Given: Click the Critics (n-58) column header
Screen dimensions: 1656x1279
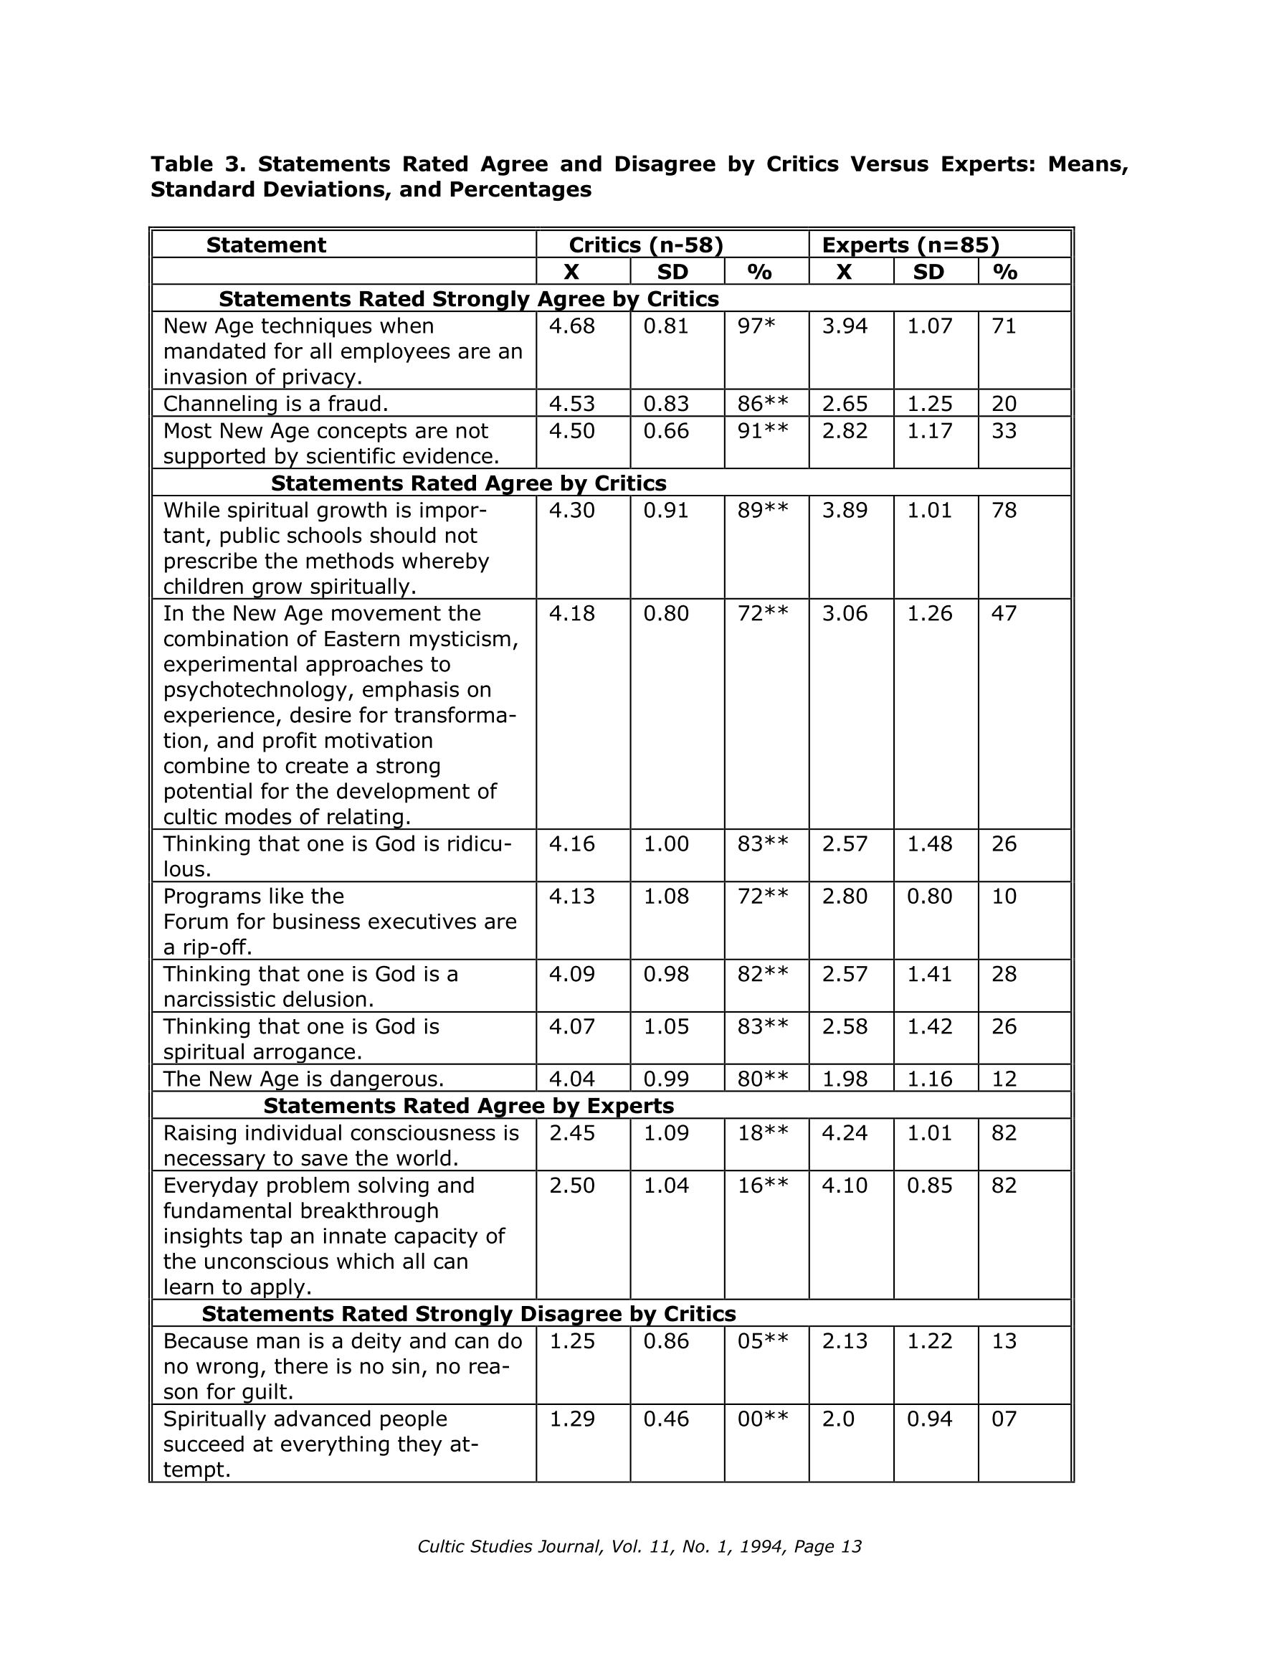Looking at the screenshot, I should (646, 245).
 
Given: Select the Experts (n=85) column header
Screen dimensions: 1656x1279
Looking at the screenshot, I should (910, 245).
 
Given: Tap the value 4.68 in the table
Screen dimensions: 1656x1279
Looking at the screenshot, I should (571, 326).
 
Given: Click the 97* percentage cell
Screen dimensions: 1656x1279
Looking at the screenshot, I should (756, 326).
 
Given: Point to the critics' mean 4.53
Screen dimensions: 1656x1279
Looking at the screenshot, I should (571, 403).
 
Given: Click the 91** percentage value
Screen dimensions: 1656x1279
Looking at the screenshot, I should (763, 431).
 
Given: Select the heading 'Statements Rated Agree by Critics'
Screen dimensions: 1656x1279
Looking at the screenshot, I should (469, 483).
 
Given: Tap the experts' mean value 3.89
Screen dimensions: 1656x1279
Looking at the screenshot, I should (845, 511).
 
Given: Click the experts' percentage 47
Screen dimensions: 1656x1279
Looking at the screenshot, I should (1004, 613).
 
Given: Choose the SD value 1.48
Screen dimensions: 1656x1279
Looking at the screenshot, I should (929, 844).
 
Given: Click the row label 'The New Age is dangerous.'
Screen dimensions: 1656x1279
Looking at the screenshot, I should (303, 1078).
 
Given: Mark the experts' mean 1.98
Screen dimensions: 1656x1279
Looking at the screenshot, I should (845, 1078).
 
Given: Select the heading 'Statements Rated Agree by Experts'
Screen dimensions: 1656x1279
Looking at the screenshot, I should (469, 1105).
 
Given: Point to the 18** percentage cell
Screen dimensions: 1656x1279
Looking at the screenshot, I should (763, 1133).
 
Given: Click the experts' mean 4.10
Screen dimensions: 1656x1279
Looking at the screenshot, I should (845, 1185).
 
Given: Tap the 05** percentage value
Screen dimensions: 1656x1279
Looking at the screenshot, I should (763, 1341).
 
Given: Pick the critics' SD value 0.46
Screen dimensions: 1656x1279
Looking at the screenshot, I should (665, 1419).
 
